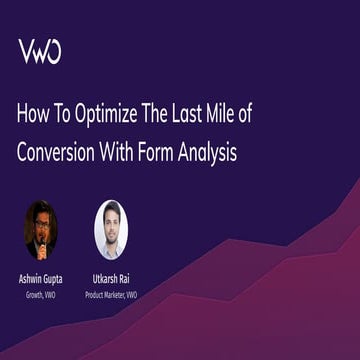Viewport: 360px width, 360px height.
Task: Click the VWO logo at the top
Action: point(39,51)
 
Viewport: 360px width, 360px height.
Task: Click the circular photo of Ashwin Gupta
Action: point(41,229)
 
